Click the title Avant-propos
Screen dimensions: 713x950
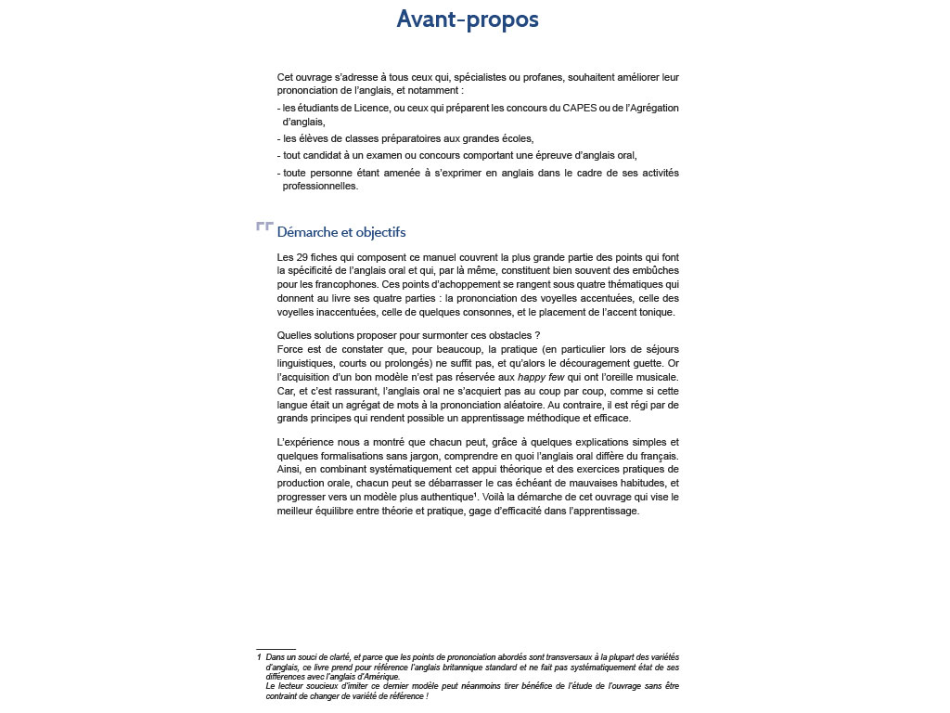tap(467, 19)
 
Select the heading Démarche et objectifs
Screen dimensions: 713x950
tap(341, 232)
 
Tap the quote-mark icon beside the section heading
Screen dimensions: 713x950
tap(264, 227)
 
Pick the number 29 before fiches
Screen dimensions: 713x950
tap(302, 256)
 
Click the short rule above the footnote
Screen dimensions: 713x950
tap(276, 649)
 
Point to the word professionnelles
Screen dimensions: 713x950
tap(319, 187)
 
